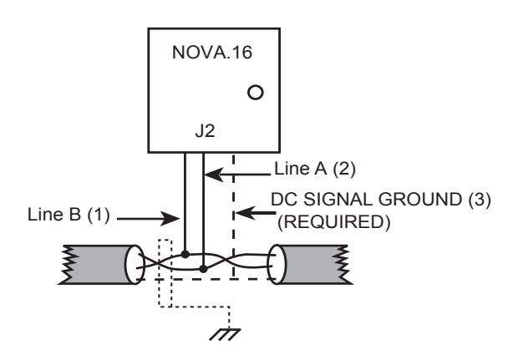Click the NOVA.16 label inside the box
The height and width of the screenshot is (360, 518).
(212, 52)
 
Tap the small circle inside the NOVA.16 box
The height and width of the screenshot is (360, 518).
(256, 92)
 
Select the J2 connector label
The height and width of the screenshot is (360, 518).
(206, 131)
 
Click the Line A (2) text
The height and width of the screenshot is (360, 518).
(315, 169)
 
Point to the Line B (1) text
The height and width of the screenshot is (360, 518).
(69, 215)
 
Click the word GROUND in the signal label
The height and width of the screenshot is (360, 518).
(420, 200)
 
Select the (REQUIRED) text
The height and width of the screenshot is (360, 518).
(333, 222)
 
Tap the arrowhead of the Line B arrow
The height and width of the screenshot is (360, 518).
(170, 218)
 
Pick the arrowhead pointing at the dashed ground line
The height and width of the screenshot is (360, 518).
(246, 213)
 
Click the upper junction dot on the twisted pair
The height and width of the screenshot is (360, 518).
(185, 254)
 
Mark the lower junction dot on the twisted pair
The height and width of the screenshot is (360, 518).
(203, 269)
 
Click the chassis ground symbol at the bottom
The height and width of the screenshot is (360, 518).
(225, 334)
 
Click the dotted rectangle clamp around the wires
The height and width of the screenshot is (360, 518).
(165, 273)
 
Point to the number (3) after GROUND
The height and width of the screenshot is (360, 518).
(480, 200)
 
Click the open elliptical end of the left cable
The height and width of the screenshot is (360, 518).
(135, 264)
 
